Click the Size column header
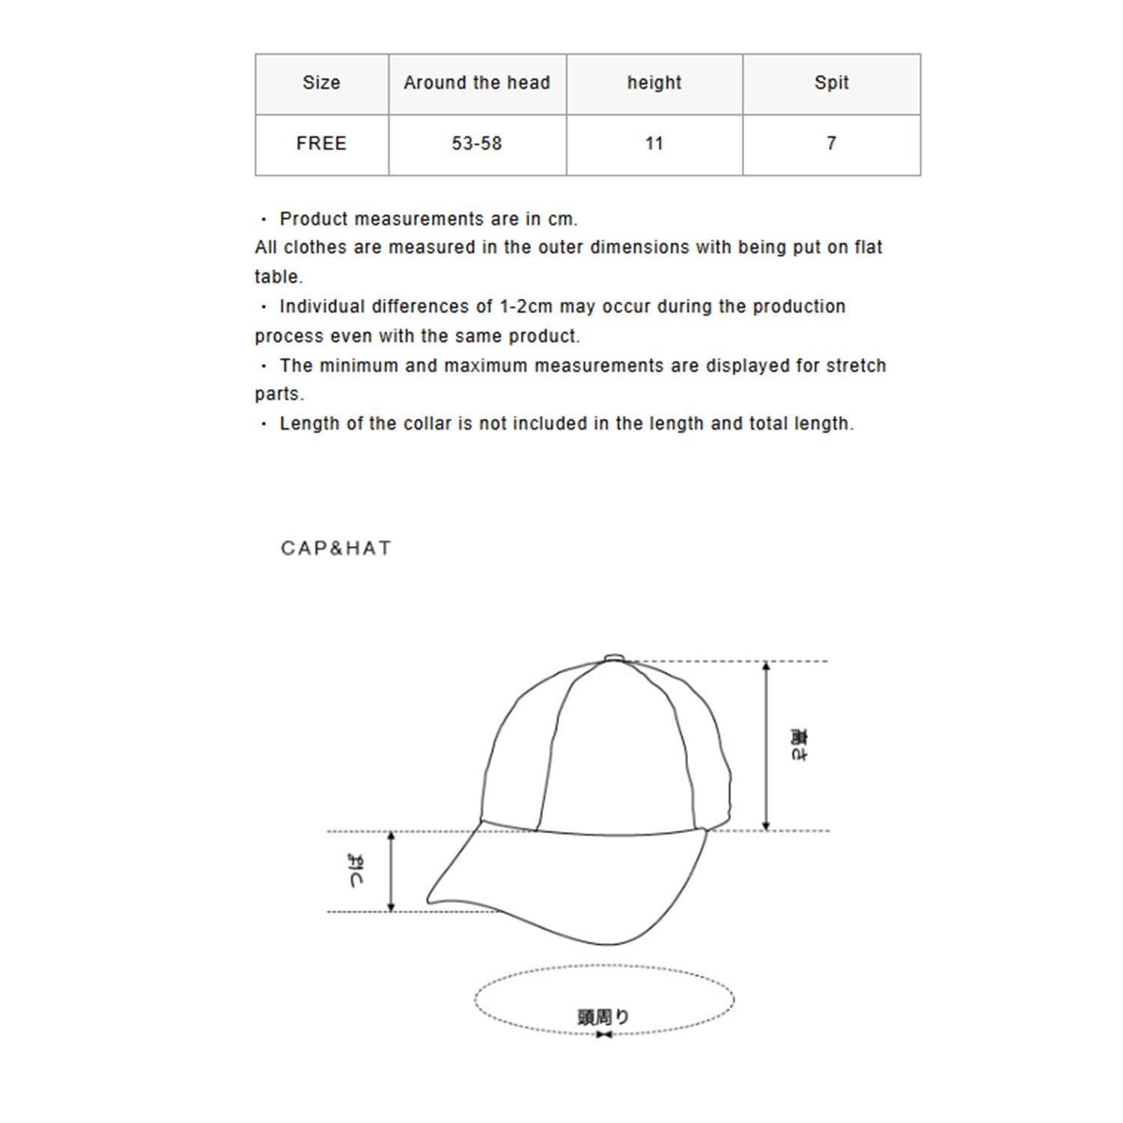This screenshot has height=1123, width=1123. (321, 83)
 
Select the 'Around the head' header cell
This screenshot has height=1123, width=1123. (477, 83)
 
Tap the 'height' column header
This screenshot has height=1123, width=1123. (654, 83)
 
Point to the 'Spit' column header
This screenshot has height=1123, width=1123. (831, 83)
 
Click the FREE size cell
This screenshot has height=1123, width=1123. (321, 144)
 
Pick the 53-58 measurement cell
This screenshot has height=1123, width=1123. (477, 144)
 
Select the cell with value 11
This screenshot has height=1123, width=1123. (654, 144)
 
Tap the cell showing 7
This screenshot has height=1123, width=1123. (831, 144)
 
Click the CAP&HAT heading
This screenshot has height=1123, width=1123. (336, 549)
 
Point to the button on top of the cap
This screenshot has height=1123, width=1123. (614, 658)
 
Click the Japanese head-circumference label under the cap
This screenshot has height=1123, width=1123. (603, 1017)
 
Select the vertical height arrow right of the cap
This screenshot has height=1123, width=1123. (766, 746)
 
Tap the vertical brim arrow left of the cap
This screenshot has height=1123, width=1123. (391, 871)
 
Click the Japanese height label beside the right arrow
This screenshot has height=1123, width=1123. (799, 745)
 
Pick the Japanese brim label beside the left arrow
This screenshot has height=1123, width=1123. (357, 871)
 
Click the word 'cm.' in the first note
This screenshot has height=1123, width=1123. (562, 219)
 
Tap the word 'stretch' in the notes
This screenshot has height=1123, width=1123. (856, 366)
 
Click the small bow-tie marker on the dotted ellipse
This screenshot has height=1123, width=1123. (604, 1035)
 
